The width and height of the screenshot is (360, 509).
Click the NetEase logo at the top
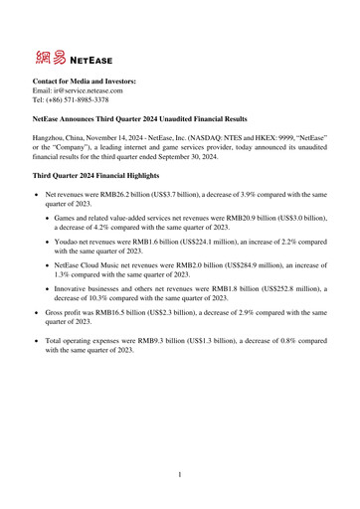coord(71,55)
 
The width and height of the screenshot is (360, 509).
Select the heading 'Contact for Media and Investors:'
coord(85,81)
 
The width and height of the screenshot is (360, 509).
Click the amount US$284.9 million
coord(228,266)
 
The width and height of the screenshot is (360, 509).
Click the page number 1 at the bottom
coord(179,475)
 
